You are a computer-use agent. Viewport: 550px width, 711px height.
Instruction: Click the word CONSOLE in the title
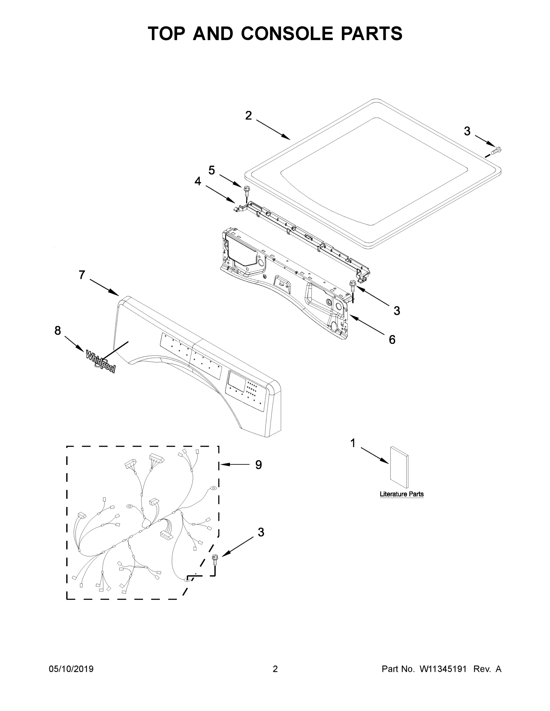click(287, 33)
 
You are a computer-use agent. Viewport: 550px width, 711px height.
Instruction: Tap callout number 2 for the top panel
click(248, 116)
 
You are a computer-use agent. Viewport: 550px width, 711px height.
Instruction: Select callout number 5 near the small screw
click(212, 170)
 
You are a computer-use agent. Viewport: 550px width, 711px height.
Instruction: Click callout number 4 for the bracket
click(198, 181)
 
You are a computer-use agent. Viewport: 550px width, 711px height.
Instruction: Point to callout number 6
click(392, 340)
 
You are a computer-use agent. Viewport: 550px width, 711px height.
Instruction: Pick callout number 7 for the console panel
click(82, 275)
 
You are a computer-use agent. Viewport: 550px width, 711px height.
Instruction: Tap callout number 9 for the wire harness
click(258, 465)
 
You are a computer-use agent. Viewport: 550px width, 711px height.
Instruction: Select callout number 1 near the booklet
click(353, 443)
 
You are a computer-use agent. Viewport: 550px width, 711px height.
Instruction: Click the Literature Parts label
click(401, 494)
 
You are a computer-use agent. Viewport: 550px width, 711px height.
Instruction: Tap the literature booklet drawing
click(399, 467)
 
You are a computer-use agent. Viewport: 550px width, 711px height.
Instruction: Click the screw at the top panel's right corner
click(496, 151)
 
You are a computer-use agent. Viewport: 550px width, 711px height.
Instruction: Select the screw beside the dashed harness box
click(214, 559)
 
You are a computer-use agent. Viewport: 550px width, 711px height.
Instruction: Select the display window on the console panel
click(237, 378)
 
